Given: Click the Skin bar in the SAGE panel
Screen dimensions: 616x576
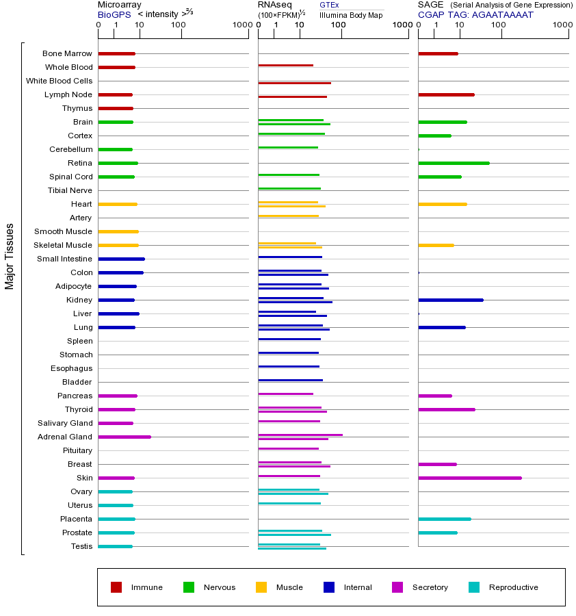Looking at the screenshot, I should point(469,478).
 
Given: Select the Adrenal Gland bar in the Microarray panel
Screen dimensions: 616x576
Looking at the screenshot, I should point(125,437).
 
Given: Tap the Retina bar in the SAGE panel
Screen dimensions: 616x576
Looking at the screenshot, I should point(454,163).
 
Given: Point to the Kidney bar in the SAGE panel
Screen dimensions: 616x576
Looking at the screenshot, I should point(450,300).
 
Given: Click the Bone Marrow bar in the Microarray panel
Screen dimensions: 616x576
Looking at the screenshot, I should point(116,53).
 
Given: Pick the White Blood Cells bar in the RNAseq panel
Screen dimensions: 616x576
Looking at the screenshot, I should point(294,83).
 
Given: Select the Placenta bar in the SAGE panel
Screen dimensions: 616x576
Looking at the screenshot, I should point(444,519).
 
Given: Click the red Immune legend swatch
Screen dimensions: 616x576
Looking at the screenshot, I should point(116,587).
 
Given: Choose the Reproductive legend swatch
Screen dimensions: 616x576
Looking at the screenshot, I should point(474,587).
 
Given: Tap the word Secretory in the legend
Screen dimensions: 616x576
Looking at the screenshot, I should point(430,587).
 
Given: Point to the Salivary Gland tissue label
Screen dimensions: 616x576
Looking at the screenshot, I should point(66,423).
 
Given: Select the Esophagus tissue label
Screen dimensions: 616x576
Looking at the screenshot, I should point(72,368).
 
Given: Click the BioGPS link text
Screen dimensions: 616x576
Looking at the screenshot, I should point(113,14).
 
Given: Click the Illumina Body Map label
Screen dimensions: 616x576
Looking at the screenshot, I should point(351,14).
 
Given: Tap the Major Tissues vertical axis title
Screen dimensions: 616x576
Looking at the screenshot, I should point(10,256).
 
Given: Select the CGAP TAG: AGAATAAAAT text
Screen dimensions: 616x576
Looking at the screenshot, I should point(475,14).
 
